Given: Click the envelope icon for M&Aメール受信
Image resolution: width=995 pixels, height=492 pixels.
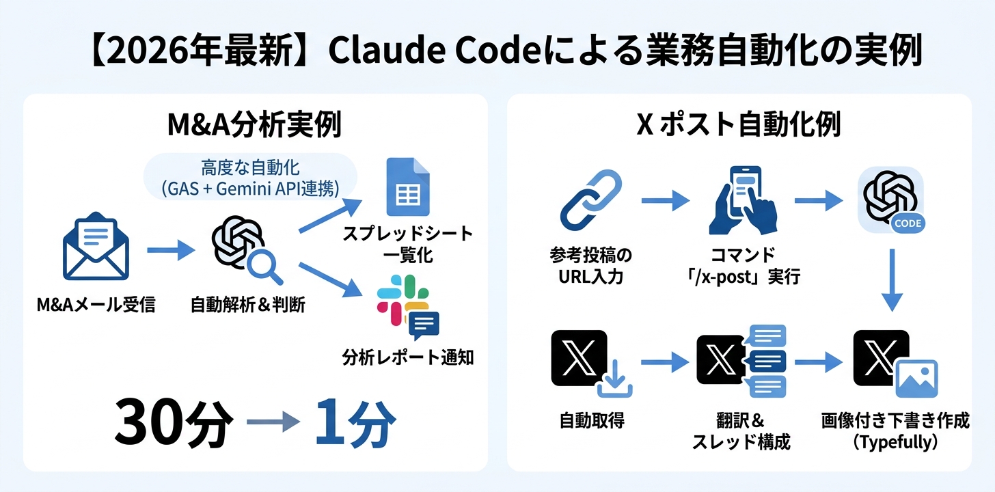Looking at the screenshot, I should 96,249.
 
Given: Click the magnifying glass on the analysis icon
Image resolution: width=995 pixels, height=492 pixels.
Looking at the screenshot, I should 266,267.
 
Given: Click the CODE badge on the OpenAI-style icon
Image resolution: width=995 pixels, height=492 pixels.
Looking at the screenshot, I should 908,223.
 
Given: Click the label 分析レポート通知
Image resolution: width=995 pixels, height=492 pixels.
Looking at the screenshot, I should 407,357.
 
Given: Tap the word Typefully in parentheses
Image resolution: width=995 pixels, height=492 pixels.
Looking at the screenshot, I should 895,443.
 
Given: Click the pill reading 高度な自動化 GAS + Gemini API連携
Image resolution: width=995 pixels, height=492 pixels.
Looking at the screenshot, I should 250,176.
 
